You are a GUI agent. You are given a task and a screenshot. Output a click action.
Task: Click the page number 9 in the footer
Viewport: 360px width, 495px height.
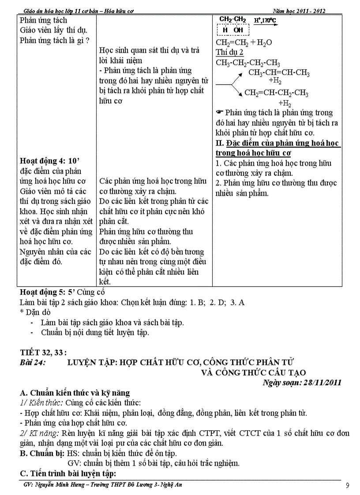[x=348, y=486]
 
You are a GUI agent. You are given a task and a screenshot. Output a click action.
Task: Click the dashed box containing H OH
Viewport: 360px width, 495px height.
[x=233, y=30]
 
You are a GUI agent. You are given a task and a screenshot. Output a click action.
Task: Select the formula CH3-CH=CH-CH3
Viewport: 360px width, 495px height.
[x=279, y=73]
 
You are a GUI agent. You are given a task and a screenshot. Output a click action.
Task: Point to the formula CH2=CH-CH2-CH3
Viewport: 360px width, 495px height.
[x=276, y=93]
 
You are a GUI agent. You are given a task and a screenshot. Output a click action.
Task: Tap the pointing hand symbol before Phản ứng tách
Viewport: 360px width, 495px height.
[x=220, y=113]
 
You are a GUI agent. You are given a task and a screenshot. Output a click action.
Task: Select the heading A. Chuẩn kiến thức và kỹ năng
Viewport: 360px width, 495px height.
[x=75, y=393]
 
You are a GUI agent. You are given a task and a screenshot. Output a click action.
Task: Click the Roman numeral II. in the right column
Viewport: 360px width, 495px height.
[x=220, y=144]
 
